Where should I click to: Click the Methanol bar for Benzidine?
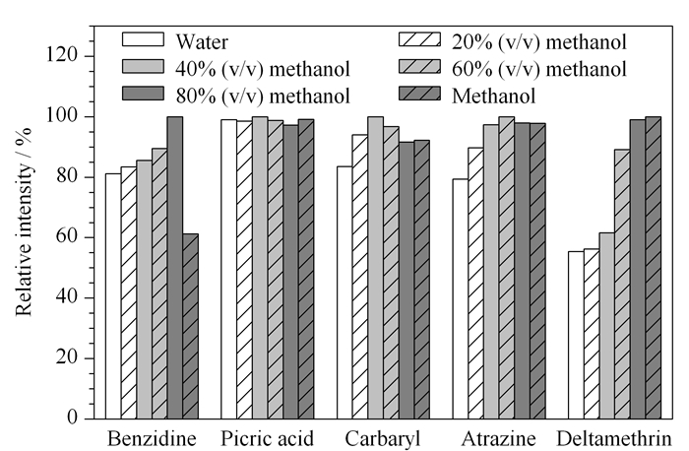click(190, 326)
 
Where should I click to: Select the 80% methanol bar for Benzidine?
click(175, 268)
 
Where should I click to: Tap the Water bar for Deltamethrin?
click(576, 335)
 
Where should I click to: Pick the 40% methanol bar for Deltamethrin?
click(607, 326)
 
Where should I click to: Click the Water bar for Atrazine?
click(461, 299)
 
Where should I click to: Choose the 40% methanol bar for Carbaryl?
click(376, 268)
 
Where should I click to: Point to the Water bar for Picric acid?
click(229, 269)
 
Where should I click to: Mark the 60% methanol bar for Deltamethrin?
click(622, 284)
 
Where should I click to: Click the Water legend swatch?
click(144, 39)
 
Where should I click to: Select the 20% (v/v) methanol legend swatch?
click(419, 39)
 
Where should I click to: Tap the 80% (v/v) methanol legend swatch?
click(144, 94)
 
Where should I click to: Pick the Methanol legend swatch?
click(419, 94)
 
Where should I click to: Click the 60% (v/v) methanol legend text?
click(539, 69)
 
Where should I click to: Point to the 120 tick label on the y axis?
click(62, 56)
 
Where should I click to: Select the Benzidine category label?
click(152, 439)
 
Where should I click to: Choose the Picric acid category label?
click(267, 439)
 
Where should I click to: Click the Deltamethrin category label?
click(614, 439)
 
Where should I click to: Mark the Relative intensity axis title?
click(25, 222)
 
